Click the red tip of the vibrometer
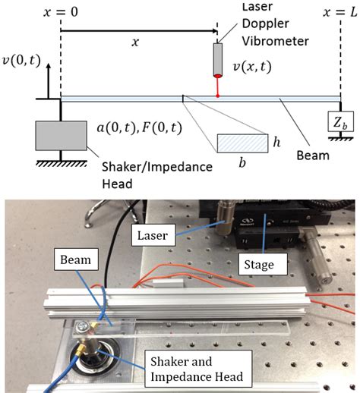coord(218,76)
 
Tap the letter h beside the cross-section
coord(279,142)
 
